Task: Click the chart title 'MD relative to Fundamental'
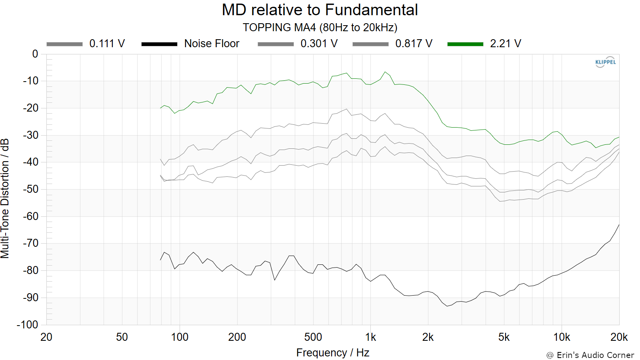pos(320,10)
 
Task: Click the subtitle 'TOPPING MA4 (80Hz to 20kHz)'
pos(320,28)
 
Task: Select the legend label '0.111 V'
pos(107,44)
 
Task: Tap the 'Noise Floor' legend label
pos(212,44)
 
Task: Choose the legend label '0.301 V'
pos(319,44)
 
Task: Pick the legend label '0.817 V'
pos(414,44)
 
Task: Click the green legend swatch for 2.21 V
pos(465,44)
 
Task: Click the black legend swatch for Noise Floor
pos(160,44)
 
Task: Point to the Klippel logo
pos(606,62)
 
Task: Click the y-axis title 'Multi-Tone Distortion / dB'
pos(5,198)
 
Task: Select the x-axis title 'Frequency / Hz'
pos(332,352)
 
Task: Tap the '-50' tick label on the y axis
pos(30,189)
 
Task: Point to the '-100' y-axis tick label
pos(28,324)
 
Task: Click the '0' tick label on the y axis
pos(35,54)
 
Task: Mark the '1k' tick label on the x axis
pos(370,337)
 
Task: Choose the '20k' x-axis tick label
pos(619,337)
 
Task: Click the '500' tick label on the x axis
pos(313,337)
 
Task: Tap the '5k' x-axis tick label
pos(504,337)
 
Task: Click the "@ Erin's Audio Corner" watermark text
pos(590,355)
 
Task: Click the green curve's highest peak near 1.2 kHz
pos(385,72)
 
